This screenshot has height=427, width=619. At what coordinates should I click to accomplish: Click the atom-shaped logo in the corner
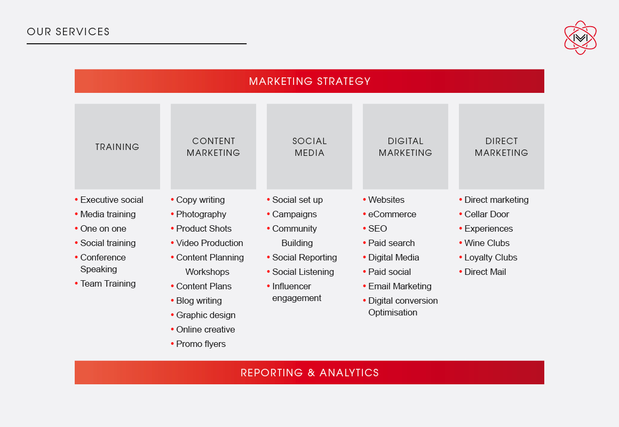pos(581,37)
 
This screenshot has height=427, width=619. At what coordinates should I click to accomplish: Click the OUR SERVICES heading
pos(68,31)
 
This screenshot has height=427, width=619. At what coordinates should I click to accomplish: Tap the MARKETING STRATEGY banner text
pos(309,81)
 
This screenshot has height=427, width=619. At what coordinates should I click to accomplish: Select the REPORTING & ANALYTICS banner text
pos(309,373)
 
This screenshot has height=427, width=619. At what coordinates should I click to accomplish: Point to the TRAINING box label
pos(117,147)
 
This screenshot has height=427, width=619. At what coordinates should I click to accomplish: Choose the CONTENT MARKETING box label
pos(213,147)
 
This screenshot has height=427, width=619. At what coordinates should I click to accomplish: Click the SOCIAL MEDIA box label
pos(309,147)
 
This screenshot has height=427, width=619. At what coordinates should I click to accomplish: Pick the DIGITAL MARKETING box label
pos(406,147)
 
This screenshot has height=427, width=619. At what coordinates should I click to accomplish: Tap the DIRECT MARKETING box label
pos(502,147)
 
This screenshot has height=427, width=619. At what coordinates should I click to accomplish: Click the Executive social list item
pos(112,200)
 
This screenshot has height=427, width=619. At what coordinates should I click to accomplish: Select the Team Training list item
pos(108,283)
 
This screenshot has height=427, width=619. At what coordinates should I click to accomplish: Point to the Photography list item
pos(201,215)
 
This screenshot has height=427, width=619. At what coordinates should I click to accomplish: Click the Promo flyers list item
pos(201,344)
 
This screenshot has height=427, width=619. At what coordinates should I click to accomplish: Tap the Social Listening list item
pos(303,272)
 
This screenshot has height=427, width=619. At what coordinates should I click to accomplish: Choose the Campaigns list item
pos(295,215)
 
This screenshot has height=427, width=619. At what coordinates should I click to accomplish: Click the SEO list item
pos(377,228)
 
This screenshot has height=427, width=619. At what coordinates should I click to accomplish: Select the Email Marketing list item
pos(400,287)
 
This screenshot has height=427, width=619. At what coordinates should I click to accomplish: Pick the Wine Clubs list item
pos(487,243)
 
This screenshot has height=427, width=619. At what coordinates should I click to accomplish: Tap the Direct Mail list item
pos(485,272)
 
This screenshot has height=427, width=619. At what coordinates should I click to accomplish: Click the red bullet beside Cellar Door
pos(461,214)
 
